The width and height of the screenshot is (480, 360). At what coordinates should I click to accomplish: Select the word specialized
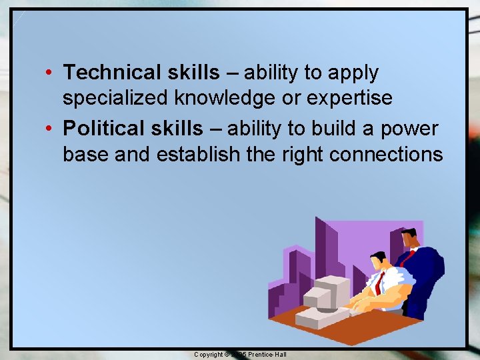pyautogui.click(x=116, y=98)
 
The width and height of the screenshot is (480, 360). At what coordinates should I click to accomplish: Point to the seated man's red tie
pyautogui.click(x=378, y=283)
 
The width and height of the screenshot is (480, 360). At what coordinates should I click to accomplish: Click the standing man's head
pyautogui.click(x=409, y=239)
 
